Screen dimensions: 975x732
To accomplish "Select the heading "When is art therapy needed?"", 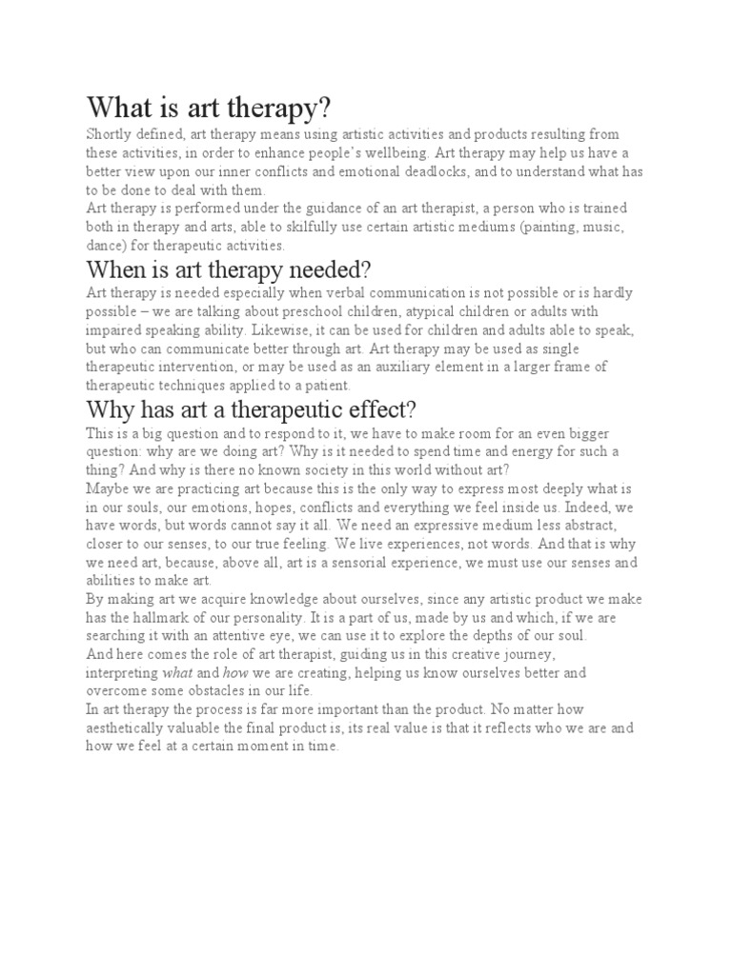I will [x=229, y=269].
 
